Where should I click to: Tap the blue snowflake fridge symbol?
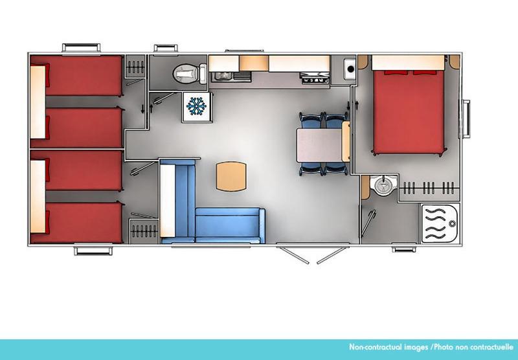195,106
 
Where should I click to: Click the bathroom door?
366,224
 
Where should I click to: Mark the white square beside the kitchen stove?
349,67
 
